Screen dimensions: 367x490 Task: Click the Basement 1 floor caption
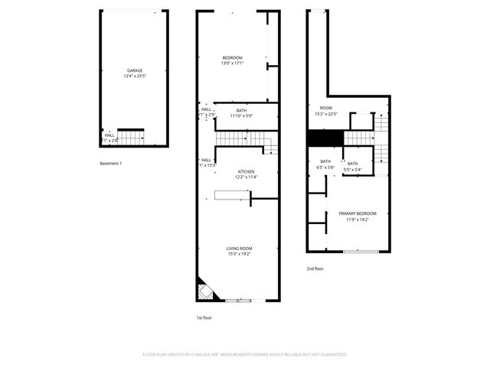coord(111,164)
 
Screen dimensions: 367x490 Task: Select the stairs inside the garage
coord(131,137)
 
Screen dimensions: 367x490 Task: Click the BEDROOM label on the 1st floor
coord(232,58)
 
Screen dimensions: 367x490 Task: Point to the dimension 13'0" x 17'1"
coord(232,63)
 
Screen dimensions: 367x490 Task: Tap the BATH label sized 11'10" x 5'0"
coord(241,111)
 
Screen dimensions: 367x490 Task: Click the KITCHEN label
coord(246,171)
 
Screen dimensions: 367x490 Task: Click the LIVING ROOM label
coord(239,248)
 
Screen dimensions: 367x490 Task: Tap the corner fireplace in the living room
coord(206,291)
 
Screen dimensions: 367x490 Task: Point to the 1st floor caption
coord(204,317)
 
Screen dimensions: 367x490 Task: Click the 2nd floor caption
coord(315,268)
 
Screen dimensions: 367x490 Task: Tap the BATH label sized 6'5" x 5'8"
coord(325,161)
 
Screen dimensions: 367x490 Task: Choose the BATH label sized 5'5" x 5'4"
coord(352,164)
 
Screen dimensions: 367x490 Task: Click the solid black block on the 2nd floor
coord(325,138)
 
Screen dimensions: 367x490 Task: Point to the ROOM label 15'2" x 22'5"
coord(326,108)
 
